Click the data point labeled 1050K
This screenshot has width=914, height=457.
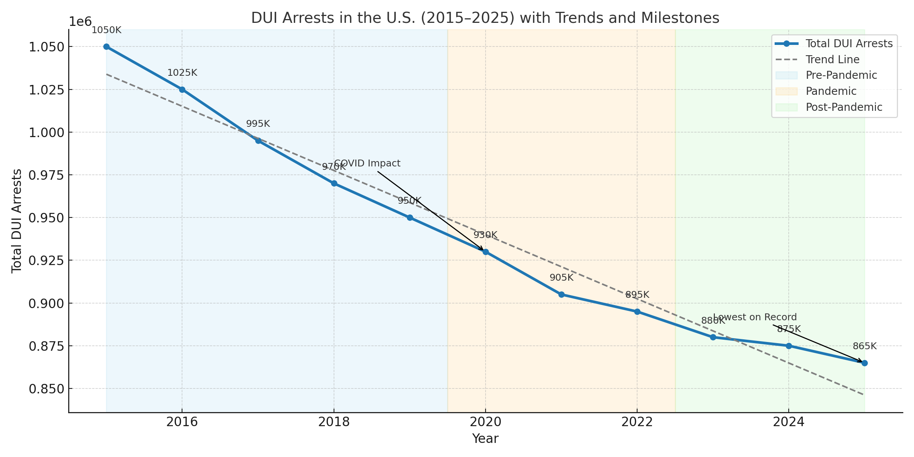coord(106,47)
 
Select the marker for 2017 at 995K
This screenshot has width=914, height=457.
coord(258,141)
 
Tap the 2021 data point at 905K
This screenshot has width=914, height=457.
coord(561,294)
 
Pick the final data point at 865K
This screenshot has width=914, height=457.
coord(864,363)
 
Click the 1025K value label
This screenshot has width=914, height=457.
coord(182,73)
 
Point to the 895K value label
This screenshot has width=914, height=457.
coord(637,295)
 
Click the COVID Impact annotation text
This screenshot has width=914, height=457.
coord(368,163)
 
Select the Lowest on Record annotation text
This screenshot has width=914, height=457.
coord(755,317)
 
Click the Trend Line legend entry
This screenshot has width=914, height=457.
coord(833,60)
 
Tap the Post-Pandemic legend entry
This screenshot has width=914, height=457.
coord(844,107)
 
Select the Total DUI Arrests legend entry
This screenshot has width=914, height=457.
coord(849,44)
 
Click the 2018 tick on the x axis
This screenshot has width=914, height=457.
coord(334,422)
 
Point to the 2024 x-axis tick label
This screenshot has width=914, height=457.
coord(789,422)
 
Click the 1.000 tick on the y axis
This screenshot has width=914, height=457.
coord(45,133)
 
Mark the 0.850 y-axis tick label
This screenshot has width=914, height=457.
coord(45,389)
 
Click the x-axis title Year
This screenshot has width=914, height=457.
coord(485,439)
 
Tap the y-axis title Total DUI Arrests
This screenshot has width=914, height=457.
coord(17,221)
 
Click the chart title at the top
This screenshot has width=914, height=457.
coord(485,18)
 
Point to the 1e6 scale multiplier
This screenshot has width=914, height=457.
coord(80,22)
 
